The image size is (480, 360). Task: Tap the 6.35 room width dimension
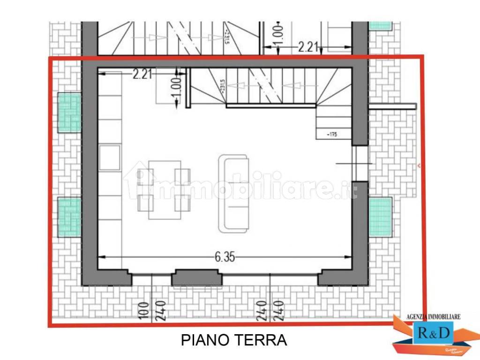[225, 256]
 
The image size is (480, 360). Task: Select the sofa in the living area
[233, 194]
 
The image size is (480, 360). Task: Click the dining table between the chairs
[165, 189]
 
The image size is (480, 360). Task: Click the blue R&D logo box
[433, 333]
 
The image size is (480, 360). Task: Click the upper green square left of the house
[69, 112]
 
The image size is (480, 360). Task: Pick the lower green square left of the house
[69, 217]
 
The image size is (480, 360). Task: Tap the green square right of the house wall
[380, 217]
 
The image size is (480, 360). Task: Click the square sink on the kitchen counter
[110, 157]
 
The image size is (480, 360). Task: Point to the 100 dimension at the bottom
[143, 310]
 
